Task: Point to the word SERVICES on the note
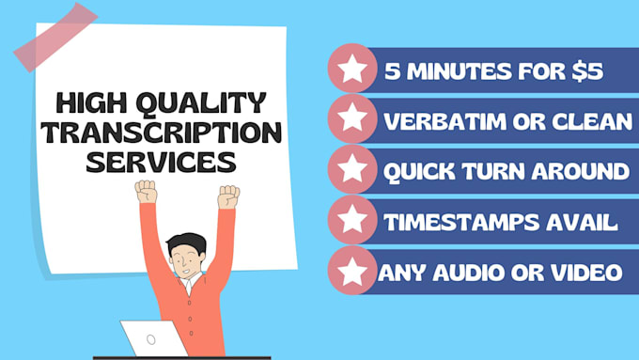click(x=160, y=161)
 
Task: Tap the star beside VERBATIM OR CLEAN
click(x=351, y=119)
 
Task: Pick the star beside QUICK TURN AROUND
click(x=351, y=170)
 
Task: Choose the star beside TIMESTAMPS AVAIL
click(x=351, y=221)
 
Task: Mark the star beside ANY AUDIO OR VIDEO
click(x=351, y=272)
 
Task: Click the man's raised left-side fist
click(x=146, y=192)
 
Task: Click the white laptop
click(x=150, y=339)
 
